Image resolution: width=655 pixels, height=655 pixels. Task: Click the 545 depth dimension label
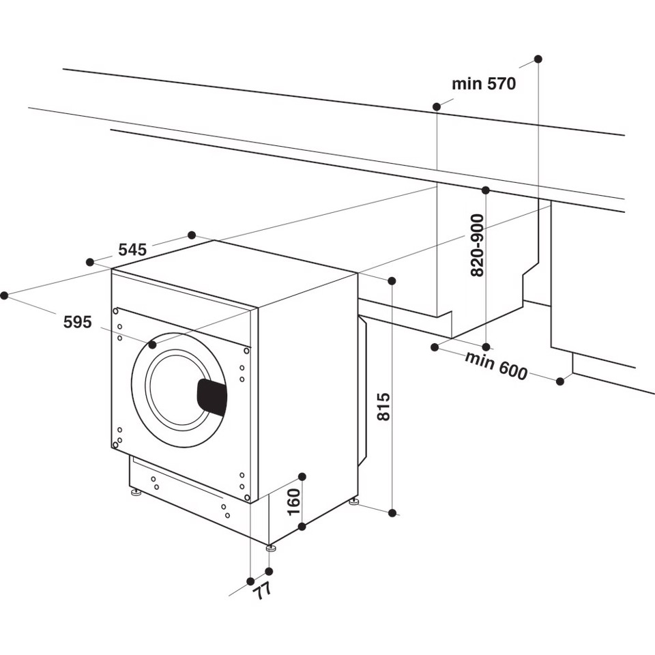pos(132,250)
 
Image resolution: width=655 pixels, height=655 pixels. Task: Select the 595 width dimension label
pos(77,322)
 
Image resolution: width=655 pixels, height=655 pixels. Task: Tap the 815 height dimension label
pos(383,407)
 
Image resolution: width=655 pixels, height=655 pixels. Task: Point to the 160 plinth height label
pos(293,501)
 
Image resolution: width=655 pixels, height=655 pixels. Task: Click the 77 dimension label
pos(261,590)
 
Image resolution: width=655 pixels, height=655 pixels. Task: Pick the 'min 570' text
pos(484,84)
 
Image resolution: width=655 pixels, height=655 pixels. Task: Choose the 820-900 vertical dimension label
pos(477,245)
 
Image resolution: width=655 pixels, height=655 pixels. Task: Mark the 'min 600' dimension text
pos(496,365)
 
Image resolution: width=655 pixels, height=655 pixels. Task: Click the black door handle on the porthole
pos(212,397)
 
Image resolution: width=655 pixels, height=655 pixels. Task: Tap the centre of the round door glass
pos(179,390)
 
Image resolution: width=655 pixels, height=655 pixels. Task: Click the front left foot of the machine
pos(136,492)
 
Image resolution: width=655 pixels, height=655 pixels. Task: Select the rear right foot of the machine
pos(353,502)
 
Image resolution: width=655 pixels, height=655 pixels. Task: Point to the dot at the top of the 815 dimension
pos(392,281)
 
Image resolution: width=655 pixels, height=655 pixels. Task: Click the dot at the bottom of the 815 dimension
pos(392,512)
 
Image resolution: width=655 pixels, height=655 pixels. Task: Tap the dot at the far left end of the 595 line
pos(4,295)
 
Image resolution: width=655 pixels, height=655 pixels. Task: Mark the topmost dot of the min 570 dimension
pos(538,59)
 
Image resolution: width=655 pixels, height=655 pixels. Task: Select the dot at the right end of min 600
pos(560,381)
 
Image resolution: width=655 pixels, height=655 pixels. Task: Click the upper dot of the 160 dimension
pos(302,476)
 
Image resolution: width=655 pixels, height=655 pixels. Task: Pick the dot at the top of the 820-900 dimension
pos(485,190)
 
